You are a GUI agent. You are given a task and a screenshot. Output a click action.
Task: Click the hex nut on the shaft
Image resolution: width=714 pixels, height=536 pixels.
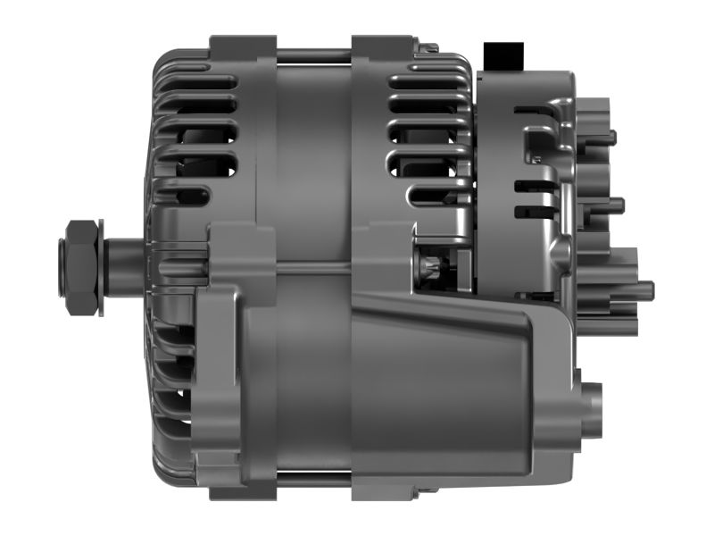(x=81, y=266)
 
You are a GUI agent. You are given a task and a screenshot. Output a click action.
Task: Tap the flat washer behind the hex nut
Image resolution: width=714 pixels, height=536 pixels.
(x=100, y=266)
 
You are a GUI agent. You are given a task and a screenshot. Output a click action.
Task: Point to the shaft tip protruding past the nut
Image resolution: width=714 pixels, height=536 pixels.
(x=61, y=265)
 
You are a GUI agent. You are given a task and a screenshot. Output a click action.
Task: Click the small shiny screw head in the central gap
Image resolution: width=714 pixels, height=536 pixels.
(x=431, y=269)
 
